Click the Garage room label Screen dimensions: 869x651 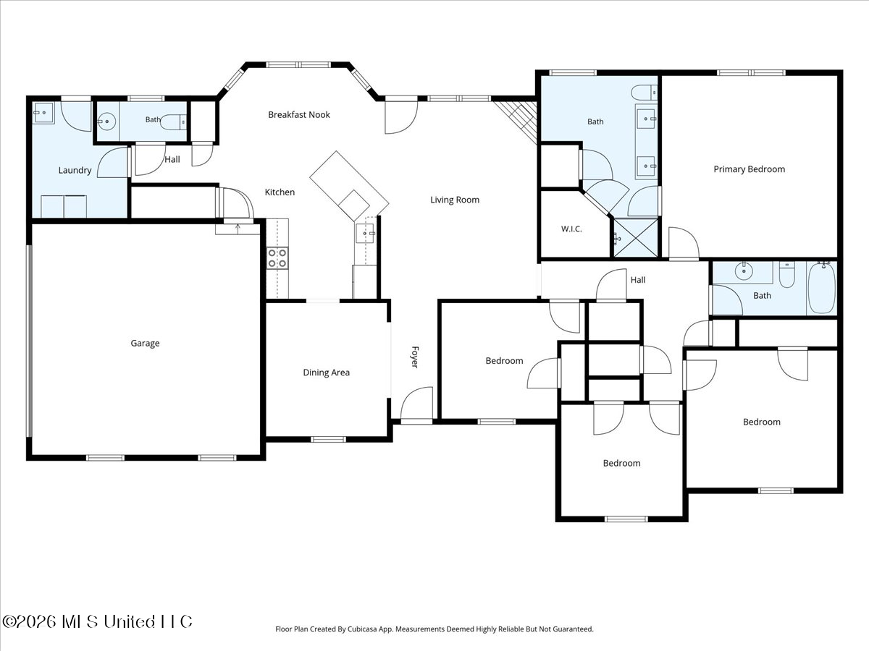point(145,343)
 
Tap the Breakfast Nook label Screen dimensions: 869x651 point(299,114)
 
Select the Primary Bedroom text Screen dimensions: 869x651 point(749,169)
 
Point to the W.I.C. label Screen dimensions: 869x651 point(571,229)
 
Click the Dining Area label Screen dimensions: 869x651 point(326,373)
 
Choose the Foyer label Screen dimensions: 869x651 point(415,357)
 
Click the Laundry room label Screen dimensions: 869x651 point(75,171)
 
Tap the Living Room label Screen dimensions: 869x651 point(455,200)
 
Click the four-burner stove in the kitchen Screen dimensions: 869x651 point(277,258)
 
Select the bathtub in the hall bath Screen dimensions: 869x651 point(822,289)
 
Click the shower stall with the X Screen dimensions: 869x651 point(635,238)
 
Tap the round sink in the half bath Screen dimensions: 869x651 point(107,122)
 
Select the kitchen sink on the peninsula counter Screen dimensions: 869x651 point(365,233)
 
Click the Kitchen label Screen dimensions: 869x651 point(280,192)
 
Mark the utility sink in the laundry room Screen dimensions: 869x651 point(43,113)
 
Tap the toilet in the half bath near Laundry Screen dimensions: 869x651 point(173,122)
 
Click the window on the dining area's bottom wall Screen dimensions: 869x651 point(328,439)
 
